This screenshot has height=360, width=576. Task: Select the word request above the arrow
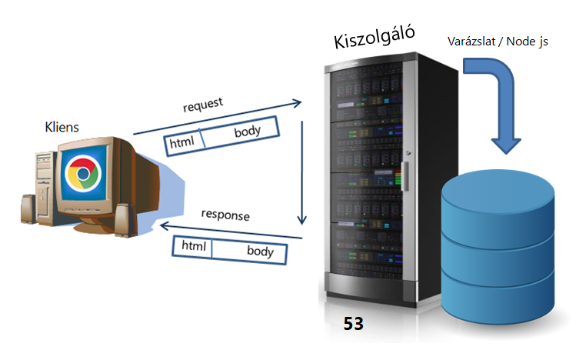point(202,106)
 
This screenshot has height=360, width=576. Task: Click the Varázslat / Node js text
point(498,41)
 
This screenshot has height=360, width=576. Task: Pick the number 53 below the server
point(353,324)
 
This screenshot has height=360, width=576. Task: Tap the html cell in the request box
point(183,141)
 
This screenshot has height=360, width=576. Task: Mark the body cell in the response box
point(260,251)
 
